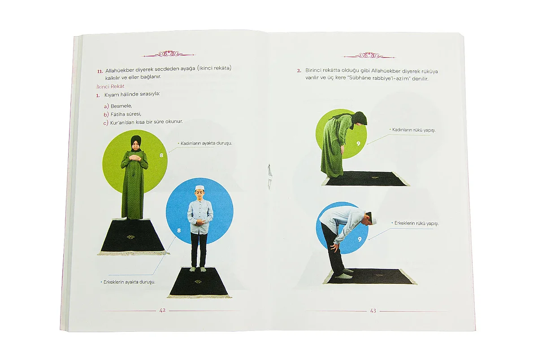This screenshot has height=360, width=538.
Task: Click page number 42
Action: point(162,310)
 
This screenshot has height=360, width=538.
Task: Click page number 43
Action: point(373,311)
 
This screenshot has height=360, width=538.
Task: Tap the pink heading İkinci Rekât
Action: point(110,86)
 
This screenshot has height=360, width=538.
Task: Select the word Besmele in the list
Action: point(121,106)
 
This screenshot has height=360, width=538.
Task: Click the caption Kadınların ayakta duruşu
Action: point(206,143)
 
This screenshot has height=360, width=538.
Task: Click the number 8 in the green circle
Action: point(161,155)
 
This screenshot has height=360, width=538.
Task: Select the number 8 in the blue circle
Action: point(179,230)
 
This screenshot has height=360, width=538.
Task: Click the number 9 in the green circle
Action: point(358,143)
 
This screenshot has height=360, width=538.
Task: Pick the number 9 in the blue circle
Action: point(360,239)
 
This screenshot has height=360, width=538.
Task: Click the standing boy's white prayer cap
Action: point(200,187)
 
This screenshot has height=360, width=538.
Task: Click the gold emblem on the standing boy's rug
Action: point(198,282)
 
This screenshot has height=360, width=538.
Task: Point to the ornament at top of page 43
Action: point(369,56)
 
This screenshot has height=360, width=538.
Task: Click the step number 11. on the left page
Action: point(100,71)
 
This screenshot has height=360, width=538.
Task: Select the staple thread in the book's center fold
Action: point(269,177)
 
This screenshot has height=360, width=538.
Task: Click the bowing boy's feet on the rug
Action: point(343,274)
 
